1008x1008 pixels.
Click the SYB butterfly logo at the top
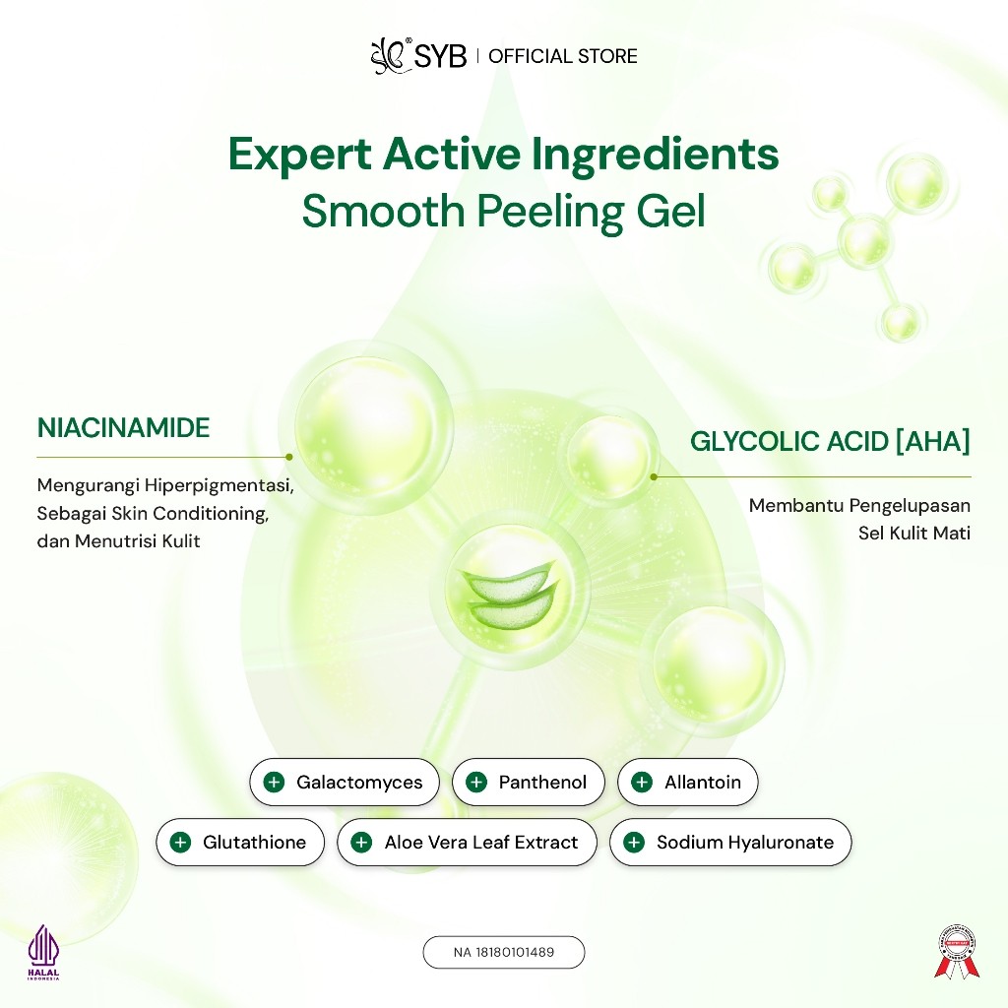388,56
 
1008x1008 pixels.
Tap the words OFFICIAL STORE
563,56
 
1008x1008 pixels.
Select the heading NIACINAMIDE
123,428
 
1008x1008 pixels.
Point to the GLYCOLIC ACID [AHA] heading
830,442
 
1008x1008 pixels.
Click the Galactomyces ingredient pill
345,783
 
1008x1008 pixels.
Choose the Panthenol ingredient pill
528,783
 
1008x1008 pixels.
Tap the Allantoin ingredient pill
687,783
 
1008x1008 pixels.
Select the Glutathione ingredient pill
239,843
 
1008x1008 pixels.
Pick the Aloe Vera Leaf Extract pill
467,843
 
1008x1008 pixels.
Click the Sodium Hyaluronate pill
729,843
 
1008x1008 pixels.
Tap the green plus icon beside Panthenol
476,783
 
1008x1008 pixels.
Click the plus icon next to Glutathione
180,843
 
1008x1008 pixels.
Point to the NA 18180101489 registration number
504,952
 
